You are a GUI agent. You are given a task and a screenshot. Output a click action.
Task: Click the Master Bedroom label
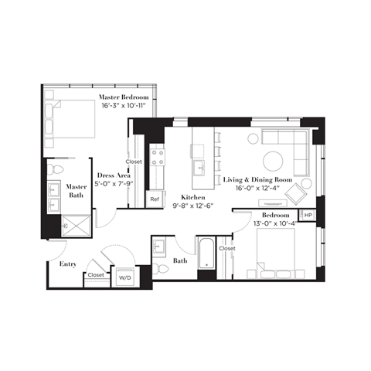tap(124, 97)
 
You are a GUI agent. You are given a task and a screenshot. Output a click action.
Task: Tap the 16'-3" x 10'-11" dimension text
tap(124, 106)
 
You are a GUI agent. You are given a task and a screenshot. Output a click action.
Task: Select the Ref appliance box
tap(155, 199)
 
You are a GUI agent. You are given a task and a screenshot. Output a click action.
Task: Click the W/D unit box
tap(124, 275)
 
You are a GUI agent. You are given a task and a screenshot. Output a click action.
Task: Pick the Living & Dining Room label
tap(254, 180)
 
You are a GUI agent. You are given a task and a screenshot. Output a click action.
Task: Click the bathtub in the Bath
tap(206, 254)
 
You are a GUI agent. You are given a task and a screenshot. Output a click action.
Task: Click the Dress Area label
tap(108, 175)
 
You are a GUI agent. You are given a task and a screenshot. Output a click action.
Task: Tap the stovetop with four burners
tap(159, 158)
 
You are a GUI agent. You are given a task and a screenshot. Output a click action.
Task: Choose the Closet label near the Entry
tap(96, 274)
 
